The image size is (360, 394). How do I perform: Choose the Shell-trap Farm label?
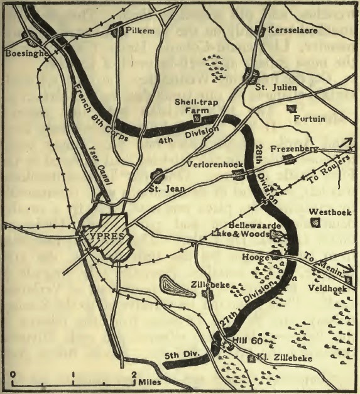(x=211, y=105)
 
